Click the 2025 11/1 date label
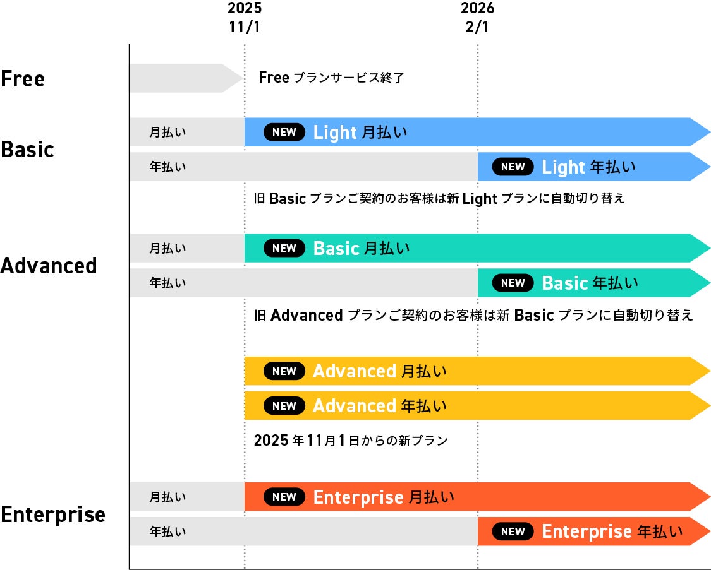click(245, 17)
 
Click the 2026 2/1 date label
click(478, 17)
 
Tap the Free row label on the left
click(23, 78)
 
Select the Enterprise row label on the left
click(53, 514)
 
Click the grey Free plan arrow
click(186, 78)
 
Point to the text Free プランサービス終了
click(331, 78)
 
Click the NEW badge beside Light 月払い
click(284, 132)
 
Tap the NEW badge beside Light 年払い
click(513, 167)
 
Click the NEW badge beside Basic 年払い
click(513, 283)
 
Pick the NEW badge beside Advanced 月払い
click(284, 371)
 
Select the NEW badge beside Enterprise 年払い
click(513, 531)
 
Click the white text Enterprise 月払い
click(384, 497)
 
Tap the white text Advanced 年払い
click(380, 406)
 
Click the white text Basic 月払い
click(362, 248)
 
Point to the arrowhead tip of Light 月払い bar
click(710, 132)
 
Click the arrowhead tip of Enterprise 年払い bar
click(710, 531)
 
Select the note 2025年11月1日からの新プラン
click(351, 440)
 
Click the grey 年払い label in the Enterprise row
click(167, 531)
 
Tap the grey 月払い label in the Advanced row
click(167, 248)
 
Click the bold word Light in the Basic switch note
click(480, 199)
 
